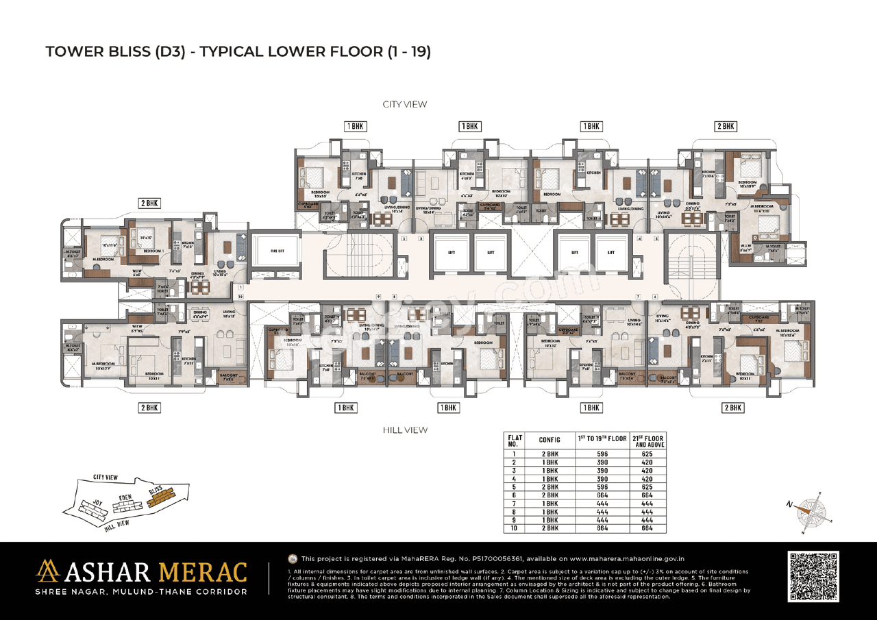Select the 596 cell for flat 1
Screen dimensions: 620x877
tap(602, 453)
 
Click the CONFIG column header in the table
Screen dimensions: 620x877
tap(549, 440)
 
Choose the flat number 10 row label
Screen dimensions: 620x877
tap(514, 528)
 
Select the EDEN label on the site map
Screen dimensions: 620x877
tap(125, 497)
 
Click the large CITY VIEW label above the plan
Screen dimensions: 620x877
tap(404, 104)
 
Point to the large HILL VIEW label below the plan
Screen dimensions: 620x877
tap(405, 430)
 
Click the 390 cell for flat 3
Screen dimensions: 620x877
tap(602, 471)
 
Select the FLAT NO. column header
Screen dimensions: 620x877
tap(514, 440)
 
